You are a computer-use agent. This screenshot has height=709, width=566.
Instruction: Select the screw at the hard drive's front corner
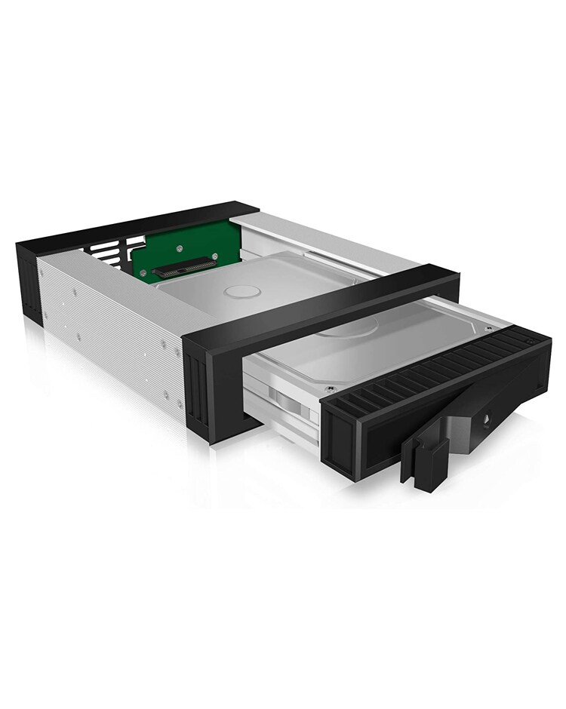point(329,390)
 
